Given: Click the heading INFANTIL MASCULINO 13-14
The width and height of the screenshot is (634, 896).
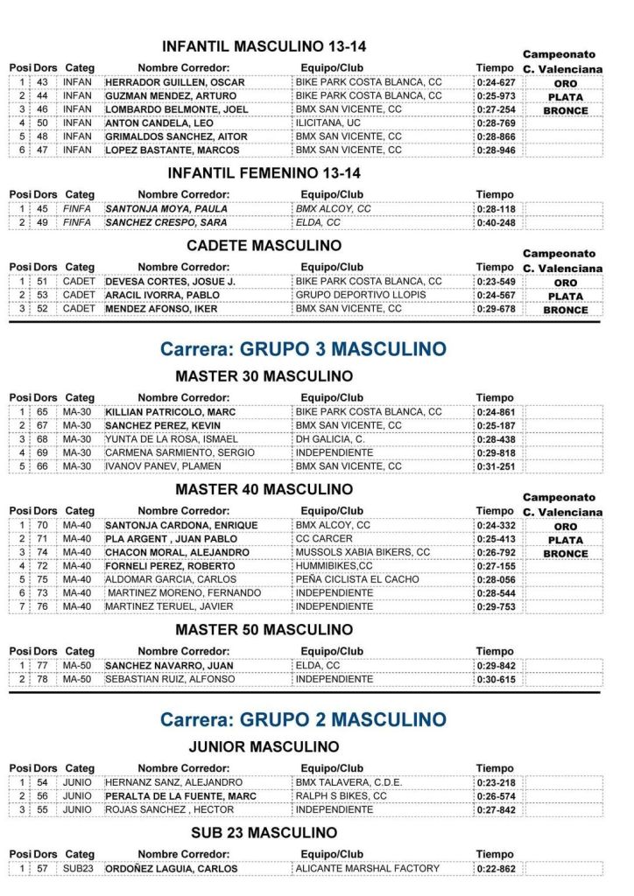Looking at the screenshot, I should click(264, 46).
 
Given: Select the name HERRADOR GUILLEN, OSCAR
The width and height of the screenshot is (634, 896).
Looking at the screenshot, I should click(174, 83).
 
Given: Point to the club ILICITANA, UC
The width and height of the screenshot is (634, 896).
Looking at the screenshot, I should click(328, 123).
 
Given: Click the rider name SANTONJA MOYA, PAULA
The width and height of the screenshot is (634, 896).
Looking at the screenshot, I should click(166, 209).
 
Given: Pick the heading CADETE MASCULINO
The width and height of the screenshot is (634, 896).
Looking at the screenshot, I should click(264, 246).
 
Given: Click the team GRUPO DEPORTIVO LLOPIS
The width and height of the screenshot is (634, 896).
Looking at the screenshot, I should click(361, 296).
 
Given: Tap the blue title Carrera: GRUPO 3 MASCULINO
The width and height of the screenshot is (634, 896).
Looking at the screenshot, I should click(303, 349).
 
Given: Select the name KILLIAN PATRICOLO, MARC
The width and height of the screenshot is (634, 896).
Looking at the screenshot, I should click(170, 412).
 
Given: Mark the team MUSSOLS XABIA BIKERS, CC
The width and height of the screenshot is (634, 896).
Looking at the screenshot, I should click(363, 553).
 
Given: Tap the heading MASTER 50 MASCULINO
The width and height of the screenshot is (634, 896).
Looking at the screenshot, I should click(264, 630).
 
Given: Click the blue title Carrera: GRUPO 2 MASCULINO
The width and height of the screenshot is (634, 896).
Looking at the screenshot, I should click(303, 720).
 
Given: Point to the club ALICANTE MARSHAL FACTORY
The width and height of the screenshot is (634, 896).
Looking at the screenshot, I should click(368, 869).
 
